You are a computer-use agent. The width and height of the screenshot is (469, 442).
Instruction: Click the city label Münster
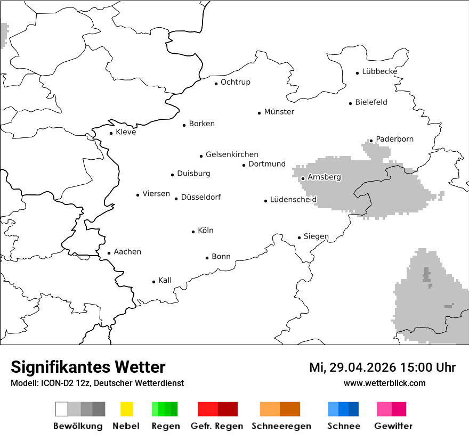[x=279, y=112]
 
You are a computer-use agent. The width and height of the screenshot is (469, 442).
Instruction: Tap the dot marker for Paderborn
[x=371, y=141]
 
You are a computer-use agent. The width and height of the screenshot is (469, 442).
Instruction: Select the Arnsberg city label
[x=324, y=177]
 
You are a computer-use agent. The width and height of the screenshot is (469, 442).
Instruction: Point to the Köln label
[x=205, y=231]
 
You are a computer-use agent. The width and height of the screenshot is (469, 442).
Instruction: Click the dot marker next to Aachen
[x=109, y=253]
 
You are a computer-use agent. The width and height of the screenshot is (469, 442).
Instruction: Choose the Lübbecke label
[x=379, y=72]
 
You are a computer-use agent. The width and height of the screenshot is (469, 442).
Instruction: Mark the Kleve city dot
[x=111, y=134]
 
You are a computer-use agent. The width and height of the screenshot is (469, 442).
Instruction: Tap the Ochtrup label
[x=235, y=83]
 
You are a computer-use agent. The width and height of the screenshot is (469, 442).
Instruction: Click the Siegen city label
[x=316, y=236]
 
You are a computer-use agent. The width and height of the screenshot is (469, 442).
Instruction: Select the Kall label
[x=165, y=281]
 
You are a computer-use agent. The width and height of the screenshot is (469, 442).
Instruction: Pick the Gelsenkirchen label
[x=232, y=154]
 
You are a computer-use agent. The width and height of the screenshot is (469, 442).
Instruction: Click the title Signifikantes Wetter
[x=88, y=367]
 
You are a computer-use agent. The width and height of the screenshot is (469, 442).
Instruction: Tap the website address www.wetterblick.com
[x=384, y=383]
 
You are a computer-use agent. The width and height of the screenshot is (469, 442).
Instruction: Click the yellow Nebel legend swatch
[x=126, y=409]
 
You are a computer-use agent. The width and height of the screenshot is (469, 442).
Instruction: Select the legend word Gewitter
[x=393, y=426]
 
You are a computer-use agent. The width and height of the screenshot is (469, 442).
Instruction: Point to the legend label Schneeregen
[x=281, y=426]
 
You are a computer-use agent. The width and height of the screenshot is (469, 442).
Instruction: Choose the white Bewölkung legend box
[x=62, y=409]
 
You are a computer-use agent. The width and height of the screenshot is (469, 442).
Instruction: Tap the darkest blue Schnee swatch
[x=354, y=409]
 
